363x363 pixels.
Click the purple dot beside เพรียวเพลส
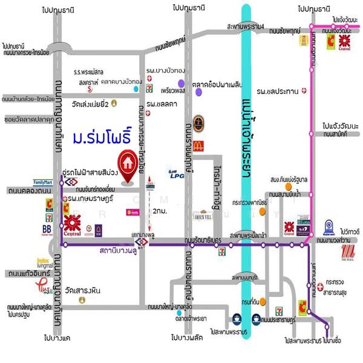[x=180, y=83]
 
